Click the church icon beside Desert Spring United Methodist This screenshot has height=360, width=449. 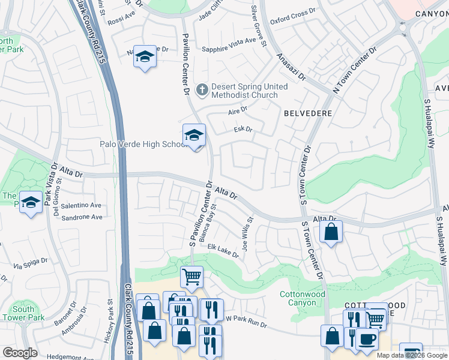(x=202, y=91)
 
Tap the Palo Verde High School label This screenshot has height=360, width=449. (x=143, y=145)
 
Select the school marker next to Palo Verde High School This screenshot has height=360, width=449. (x=194, y=136)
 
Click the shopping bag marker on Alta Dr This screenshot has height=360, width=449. (x=331, y=232)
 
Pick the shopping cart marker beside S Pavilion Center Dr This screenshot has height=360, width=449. (x=191, y=278)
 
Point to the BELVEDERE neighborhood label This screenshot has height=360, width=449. (x=308, y=112)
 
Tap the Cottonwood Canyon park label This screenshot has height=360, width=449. (x=303, y=298)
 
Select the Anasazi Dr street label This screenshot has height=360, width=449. (x=291, y=67)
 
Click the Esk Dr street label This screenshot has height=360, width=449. (x=243, y=129)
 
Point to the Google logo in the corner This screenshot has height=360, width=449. (x=20, y=353)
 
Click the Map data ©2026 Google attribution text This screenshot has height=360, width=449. (x=412, y=355)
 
